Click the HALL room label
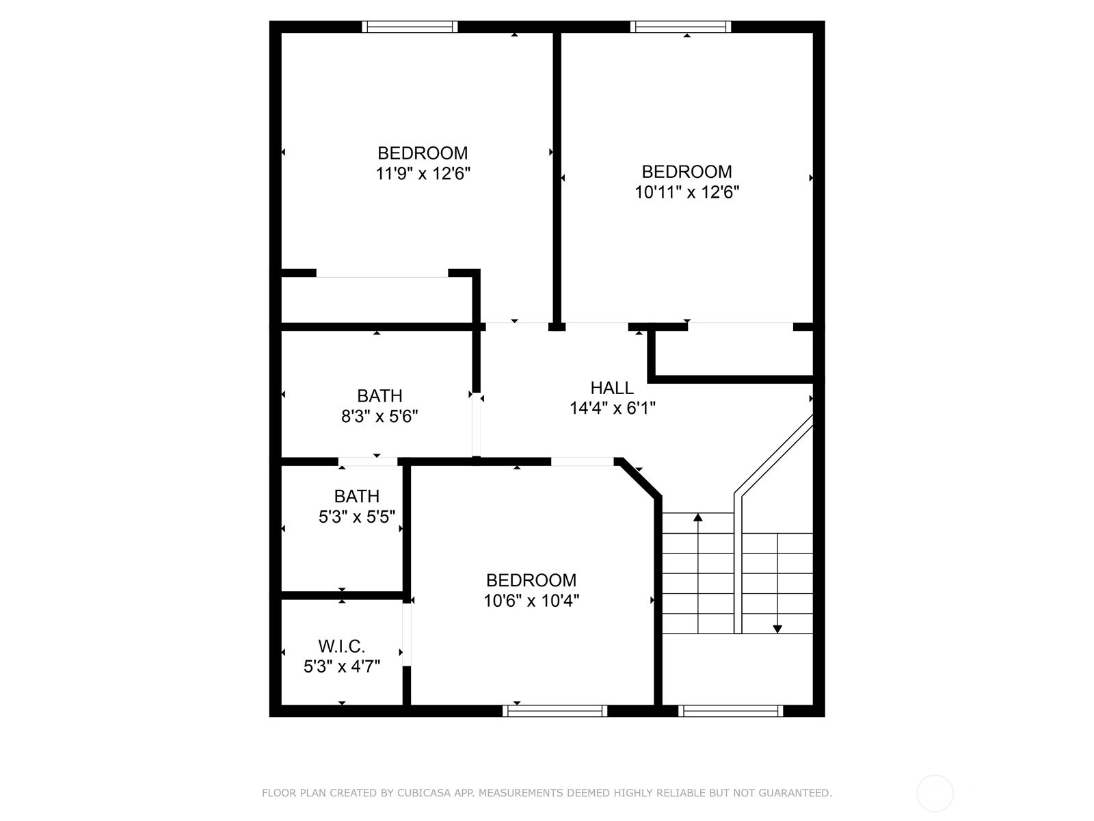[611, 387]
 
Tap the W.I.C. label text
[341, 646]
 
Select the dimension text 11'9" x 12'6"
[423, 174]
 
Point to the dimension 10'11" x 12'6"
[686, 192]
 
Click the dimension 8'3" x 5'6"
[379, 416]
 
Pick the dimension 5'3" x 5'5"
[357, 517]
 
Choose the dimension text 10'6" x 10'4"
[531, 601]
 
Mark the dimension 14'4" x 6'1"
[612, 408]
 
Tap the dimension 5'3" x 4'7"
[341, 666]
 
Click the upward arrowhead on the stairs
[698, 517]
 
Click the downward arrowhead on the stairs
[777, 629]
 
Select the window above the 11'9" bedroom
[410, 27]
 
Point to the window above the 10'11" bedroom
[680, 27]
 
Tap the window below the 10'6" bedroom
[555, 711]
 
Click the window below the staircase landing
[731, 711]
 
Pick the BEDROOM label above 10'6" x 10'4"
[531, 579]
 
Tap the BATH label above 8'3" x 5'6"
[379, 395]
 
